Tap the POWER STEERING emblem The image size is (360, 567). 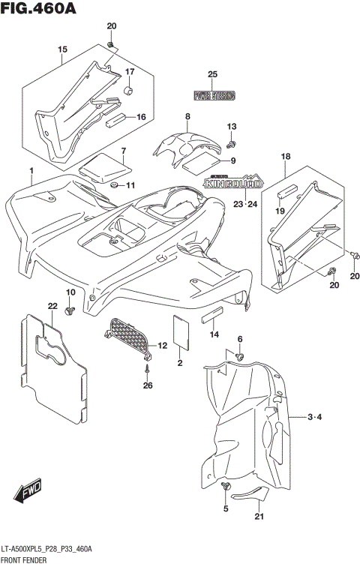(214, 95)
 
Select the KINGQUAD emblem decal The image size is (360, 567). (234, 181)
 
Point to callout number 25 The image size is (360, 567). (212, 73)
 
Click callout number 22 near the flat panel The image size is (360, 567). (52, 306)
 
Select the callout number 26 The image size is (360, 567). (148, 386)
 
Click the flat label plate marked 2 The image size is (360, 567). (181, 330)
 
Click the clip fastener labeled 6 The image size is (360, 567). (239, 355)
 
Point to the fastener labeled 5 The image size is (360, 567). (226, 489)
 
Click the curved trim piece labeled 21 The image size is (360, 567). (250, 494)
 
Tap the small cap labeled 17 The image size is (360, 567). (127, 91)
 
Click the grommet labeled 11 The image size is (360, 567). (114, 184)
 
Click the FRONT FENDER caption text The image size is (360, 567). (26, 560)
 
